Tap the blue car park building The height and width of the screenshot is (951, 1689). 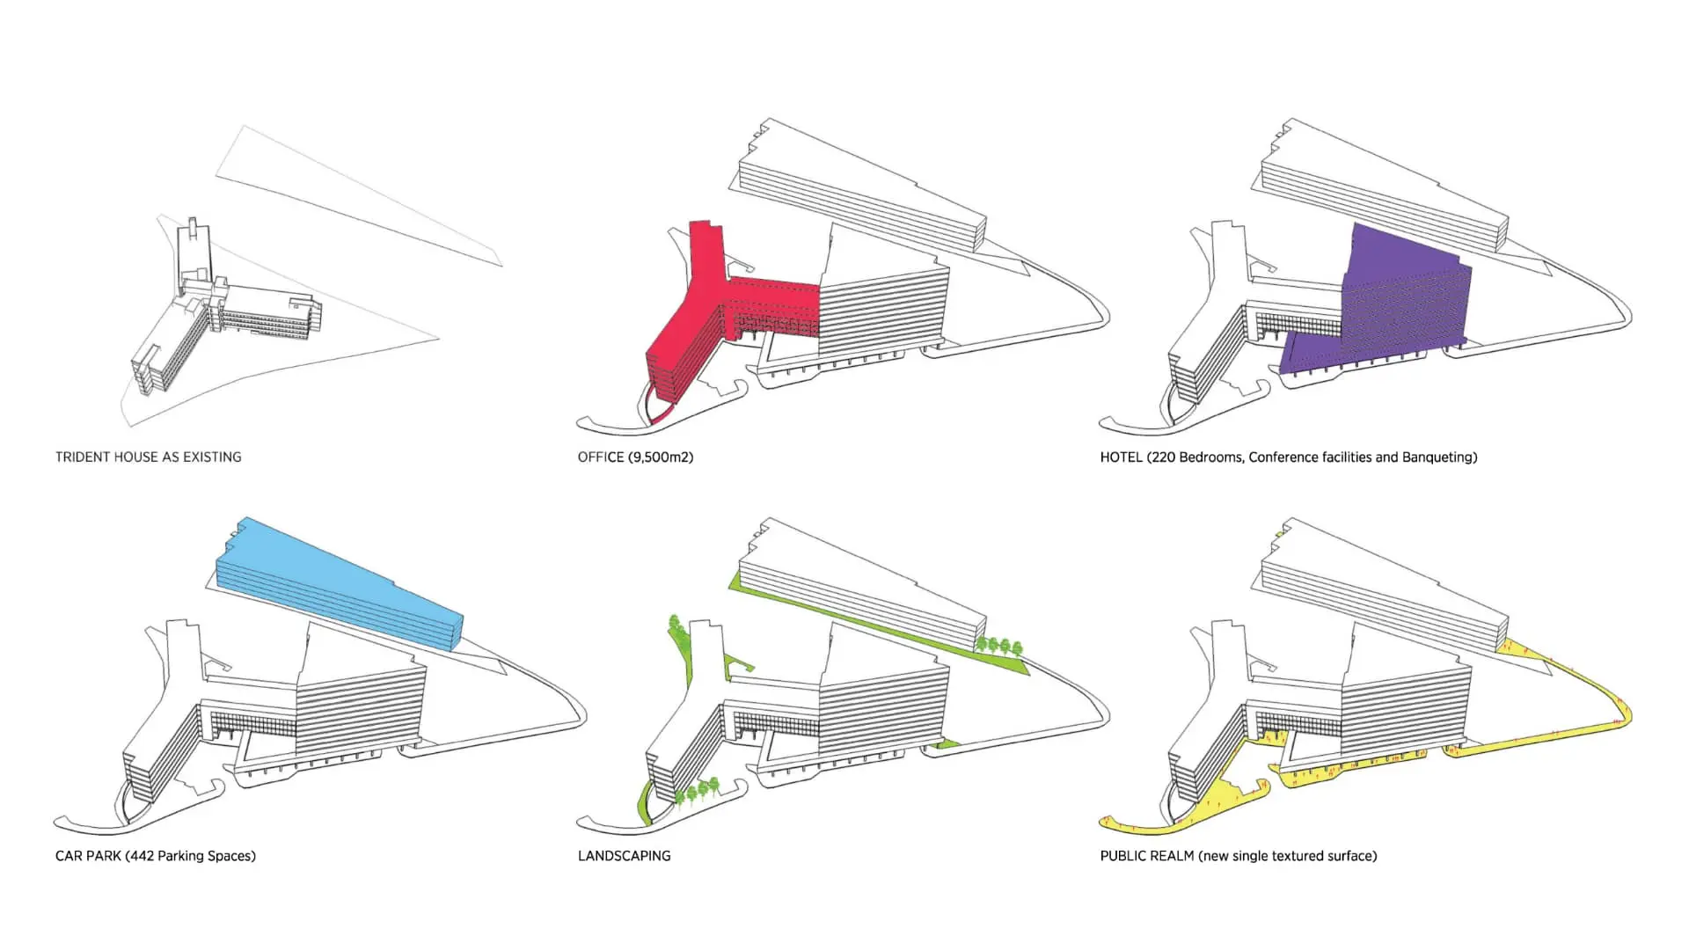pyautogui.click(x=339, y=581)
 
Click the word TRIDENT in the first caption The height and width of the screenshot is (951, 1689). pyautogui.click(x=84, y=457)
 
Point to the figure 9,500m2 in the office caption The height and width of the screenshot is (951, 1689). pyautogui.click(x=661, y=457)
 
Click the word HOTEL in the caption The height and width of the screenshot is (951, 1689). pyautogui.click(x=1121, y=457)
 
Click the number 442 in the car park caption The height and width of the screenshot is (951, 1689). pyautogui.click(x=142, y=856)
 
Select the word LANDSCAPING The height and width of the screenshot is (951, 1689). pyautogui.click(x=624, y=856)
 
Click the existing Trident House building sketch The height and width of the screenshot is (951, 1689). pyautogui.click(x=220, y=308)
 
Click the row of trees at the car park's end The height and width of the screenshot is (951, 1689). pyautogui.click(x=999, y=647)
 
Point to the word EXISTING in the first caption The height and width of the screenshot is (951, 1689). pyautogui.click(x=212, y=457)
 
